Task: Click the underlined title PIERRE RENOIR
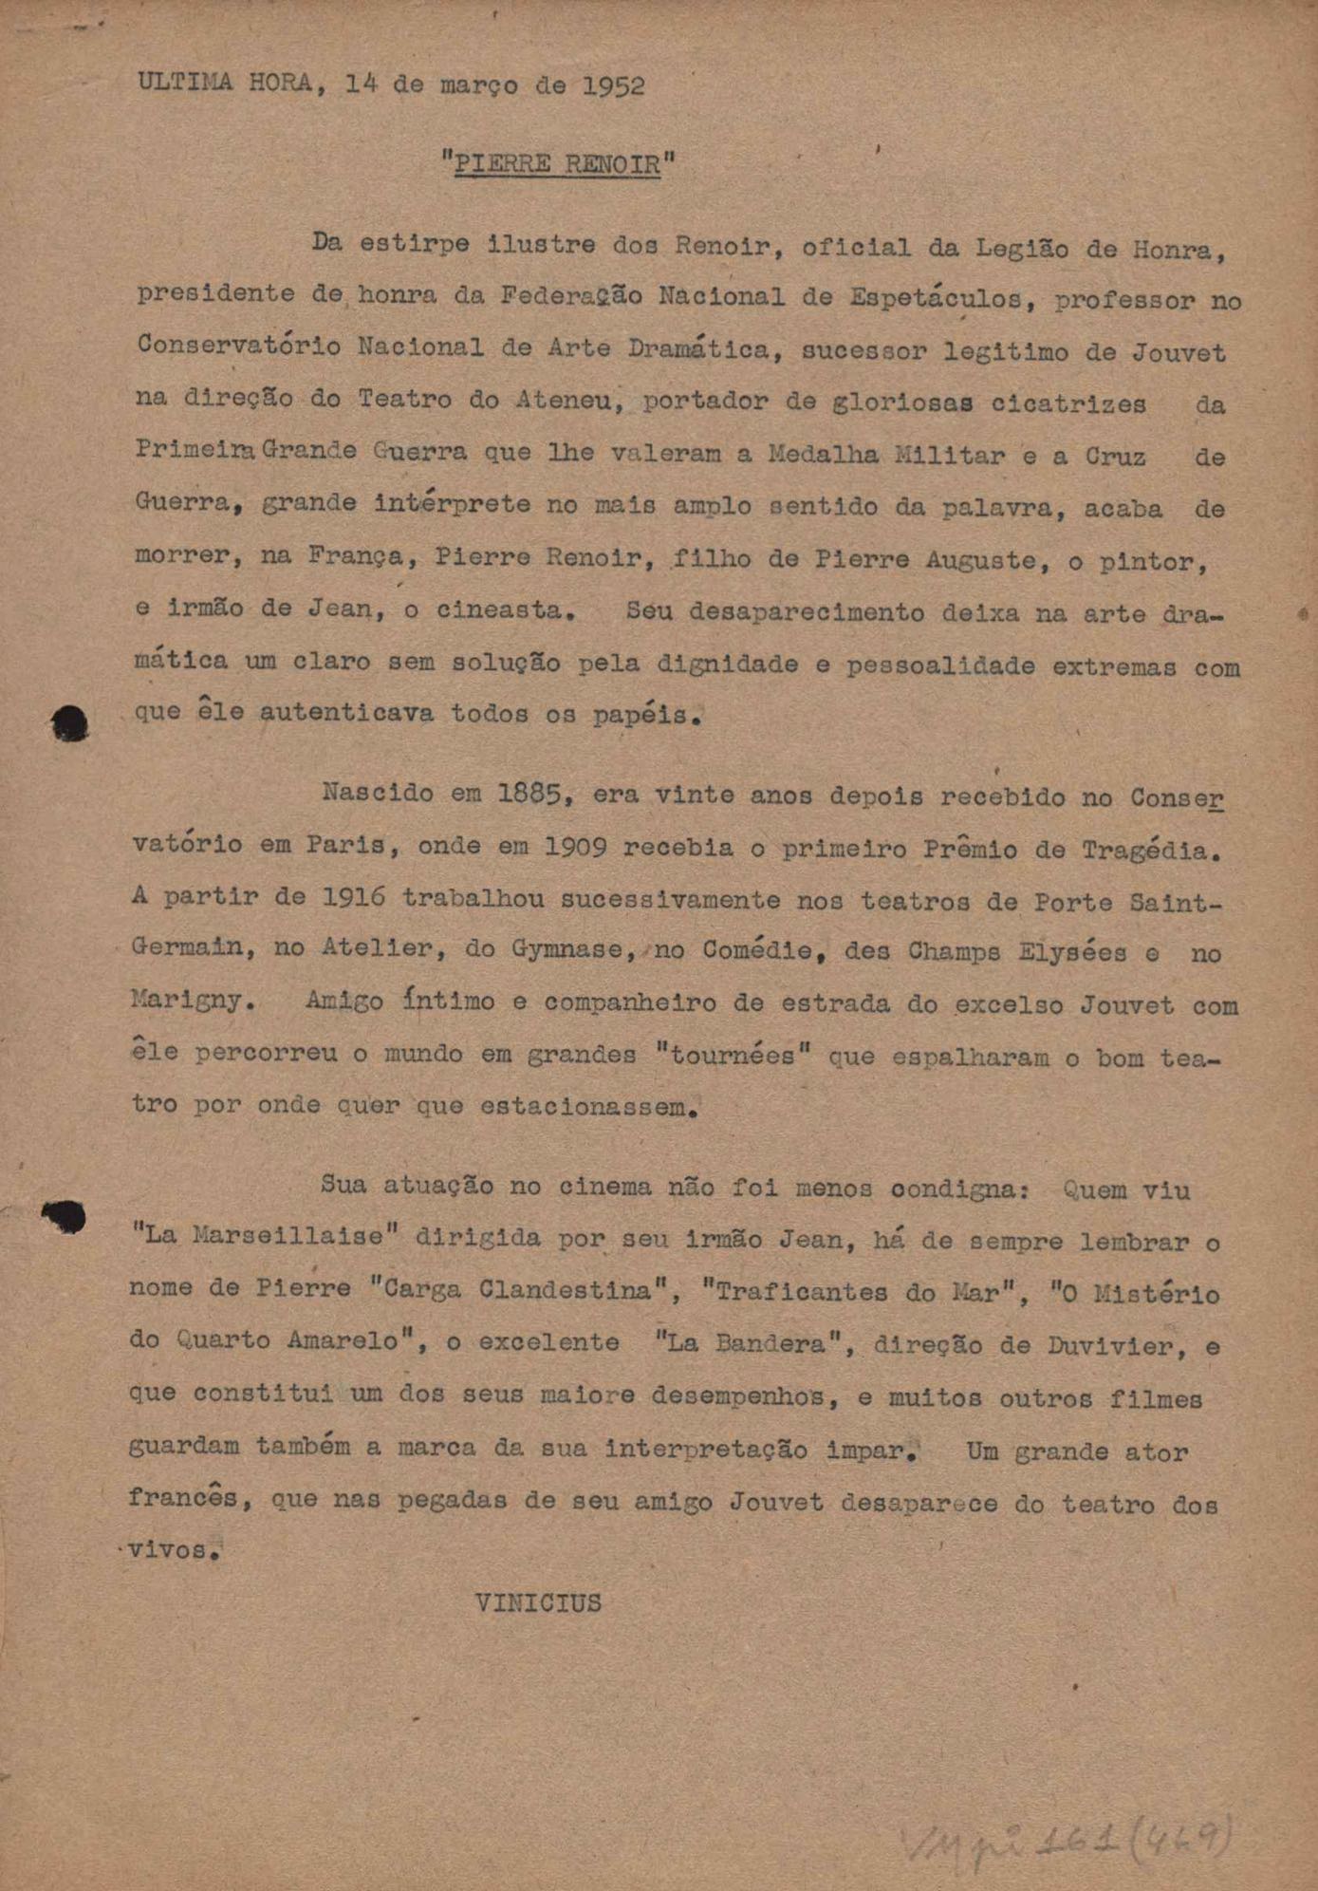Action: click(x=557, y=164)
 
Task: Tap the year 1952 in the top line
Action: click(x=613, y=85)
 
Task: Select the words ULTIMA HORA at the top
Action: click(x=224, y=83)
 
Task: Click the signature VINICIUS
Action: click(x=538, y=1603)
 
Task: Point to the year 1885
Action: click(x=535, y=794)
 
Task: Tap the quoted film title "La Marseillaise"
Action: click(x=263, y=1236)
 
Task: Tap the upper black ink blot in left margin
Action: click(x=70, y=724)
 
